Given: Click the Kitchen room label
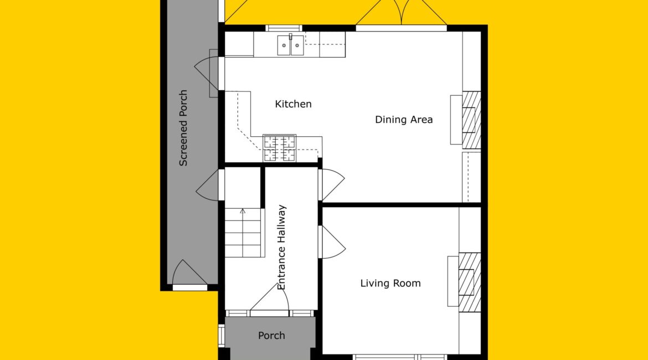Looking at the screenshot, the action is [x=293, y=104].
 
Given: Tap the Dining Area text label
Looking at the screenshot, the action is [x=404, y=120].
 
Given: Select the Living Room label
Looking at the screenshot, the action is [x=390, y=283].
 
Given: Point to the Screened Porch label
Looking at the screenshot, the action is [x=183, y=128].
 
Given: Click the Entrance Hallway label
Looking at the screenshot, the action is [x=281, y=247].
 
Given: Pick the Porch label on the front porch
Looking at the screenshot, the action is [x=271, y=336].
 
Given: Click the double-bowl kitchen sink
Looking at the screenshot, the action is [x=291, y=45].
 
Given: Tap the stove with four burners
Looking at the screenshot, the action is [x=280, y=148].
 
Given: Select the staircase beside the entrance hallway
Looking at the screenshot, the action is [x=243, y=233].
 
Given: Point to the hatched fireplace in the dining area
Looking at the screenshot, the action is [x=471, y=120].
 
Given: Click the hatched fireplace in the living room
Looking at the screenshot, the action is [x=470, y=282].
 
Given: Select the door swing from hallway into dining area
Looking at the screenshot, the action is [x=333, y=185].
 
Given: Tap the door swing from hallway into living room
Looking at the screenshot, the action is [x=333, y=242].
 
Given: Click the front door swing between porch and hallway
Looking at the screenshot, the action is [x=270, y=297].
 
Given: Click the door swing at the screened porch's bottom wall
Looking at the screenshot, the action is [x=189, y=273].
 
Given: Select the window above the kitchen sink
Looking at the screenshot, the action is [x=284, y=28].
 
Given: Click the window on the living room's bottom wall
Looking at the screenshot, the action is [x=400, y=357].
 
